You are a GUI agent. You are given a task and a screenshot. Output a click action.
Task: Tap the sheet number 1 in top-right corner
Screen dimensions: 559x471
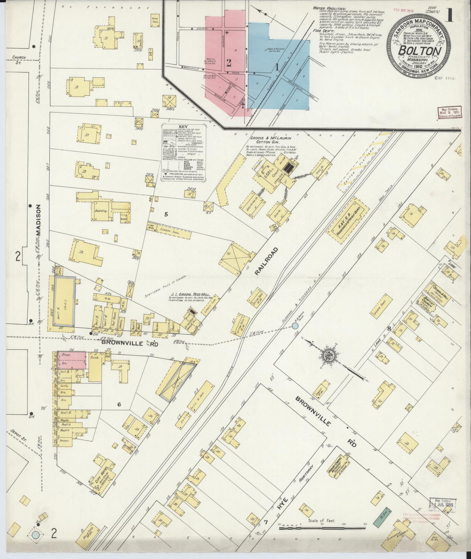coord(449,15)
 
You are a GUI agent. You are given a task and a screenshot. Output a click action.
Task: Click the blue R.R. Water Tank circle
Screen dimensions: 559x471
coord(295,326)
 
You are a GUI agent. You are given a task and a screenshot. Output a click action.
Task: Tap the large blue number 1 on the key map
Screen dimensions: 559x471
coord(276,68)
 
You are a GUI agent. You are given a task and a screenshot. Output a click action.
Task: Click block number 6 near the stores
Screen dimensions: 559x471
coord(119,405)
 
